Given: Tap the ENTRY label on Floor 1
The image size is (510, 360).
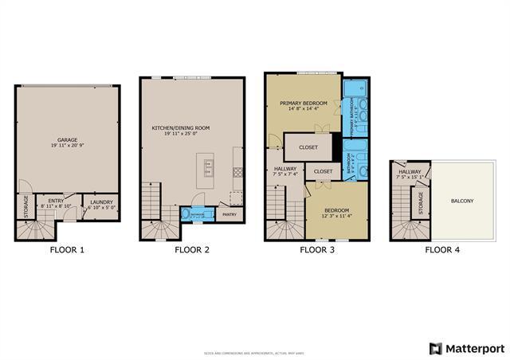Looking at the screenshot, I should pyautogui.click(x=56, y=201).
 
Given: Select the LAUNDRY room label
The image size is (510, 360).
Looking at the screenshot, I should pyautogui.click(x=100, y=202).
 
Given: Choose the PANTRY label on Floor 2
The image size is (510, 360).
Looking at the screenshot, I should pyautogui.click(x=229, y=214).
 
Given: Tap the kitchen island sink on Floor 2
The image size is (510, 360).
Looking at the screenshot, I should pyautogui.click(x=209, y=167).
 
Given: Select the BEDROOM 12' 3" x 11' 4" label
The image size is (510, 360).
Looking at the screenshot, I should pyautogui.click(x=336, y=209).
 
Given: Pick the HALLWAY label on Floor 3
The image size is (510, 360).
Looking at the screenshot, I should pyautogui.click(x=285, y=168).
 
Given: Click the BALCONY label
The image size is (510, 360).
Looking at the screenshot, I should pyautogui.click(x=461, y=201).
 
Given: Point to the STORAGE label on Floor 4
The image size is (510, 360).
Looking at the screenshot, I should pyautogui.click(x=421, y=203).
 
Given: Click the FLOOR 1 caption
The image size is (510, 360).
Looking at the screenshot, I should pyautogui.click(x=67, y=249).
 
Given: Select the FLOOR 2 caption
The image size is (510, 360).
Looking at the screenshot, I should pyautogui.click(x=192, y=249).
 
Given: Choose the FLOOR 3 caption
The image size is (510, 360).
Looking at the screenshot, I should pyautogui.click(x=317, y=249).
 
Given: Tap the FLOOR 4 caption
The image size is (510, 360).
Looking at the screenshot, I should pyautogui.click(x=442, y=249).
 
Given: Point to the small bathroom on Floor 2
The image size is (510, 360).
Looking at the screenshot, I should pyautogui.click(x=196, y=214).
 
